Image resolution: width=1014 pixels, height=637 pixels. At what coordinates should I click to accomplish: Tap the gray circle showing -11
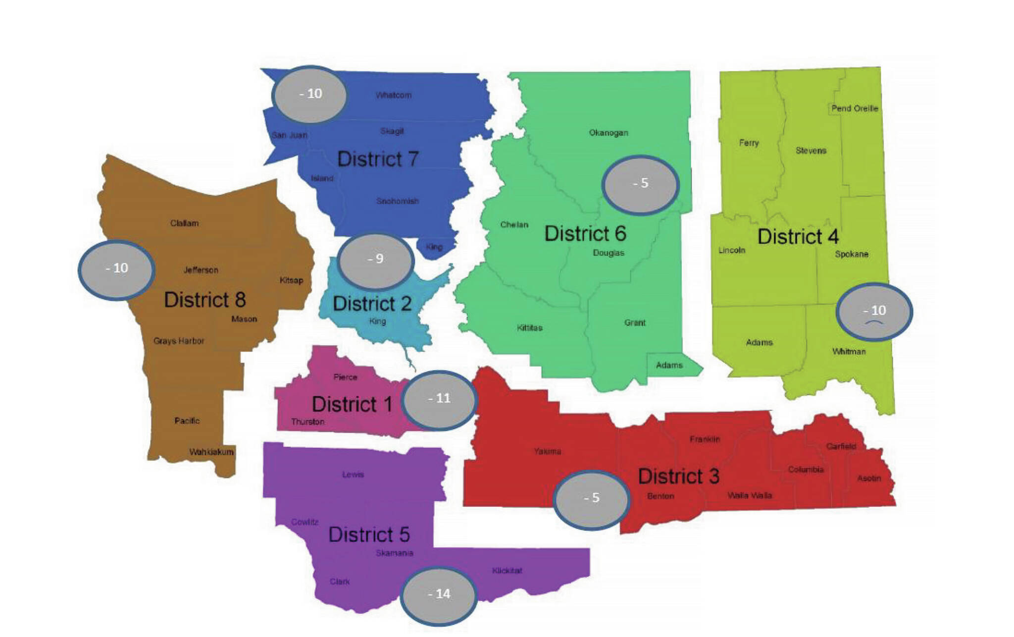pyautogui.click(x=439, y=399)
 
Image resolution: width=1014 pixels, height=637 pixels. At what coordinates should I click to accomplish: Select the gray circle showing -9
pyautogui.click(x=376, y=260)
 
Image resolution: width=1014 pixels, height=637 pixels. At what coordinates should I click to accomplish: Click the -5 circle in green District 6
pyautogui.click(x=640, y=184)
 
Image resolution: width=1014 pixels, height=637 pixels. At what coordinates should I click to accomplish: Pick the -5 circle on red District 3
pyautogui.click(x=591, y=498)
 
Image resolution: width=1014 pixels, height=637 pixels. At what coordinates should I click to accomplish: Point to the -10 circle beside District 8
pyautogui.click(x=116, y=269)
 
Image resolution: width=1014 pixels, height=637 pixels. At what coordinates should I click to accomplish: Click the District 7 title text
pyautogui.click(x=378, y=159)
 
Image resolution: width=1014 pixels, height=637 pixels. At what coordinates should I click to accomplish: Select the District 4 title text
pyautogui.click(x=798, y=237)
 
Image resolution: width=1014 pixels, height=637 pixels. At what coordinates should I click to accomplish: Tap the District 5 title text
pyautogui.click(x=369, y=535)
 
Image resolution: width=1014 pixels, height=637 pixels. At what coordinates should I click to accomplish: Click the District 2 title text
pyautogui.click(x=372, y=304)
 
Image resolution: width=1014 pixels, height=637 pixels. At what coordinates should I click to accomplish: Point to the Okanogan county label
pyautogui.click(x=608, y=133)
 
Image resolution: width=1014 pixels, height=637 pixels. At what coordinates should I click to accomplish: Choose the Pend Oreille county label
pyautogui.click(x=855, y=108)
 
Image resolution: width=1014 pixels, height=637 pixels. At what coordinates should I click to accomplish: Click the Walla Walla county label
pyautogui.click(x=749, y=495)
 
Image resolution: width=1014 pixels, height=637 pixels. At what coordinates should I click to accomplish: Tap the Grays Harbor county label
pyautogui.click(x=179, y=341)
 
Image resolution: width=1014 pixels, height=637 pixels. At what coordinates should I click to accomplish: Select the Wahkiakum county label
pyautogui.click(x=211, y=452)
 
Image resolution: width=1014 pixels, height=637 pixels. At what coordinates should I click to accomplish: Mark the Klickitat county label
pyautogui.click(x=507, y=571)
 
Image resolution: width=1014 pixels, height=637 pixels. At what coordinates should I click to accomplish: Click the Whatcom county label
pyautogui.click(x=394, y=95)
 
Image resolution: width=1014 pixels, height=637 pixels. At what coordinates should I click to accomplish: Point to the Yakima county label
pyautogui.click(x=548, y=451)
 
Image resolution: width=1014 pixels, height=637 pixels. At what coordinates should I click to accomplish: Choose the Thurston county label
pyautogui.click(x=308, y=422)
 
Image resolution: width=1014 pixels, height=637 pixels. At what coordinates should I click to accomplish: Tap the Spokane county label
pyautogui.click(x=852, y=254)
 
